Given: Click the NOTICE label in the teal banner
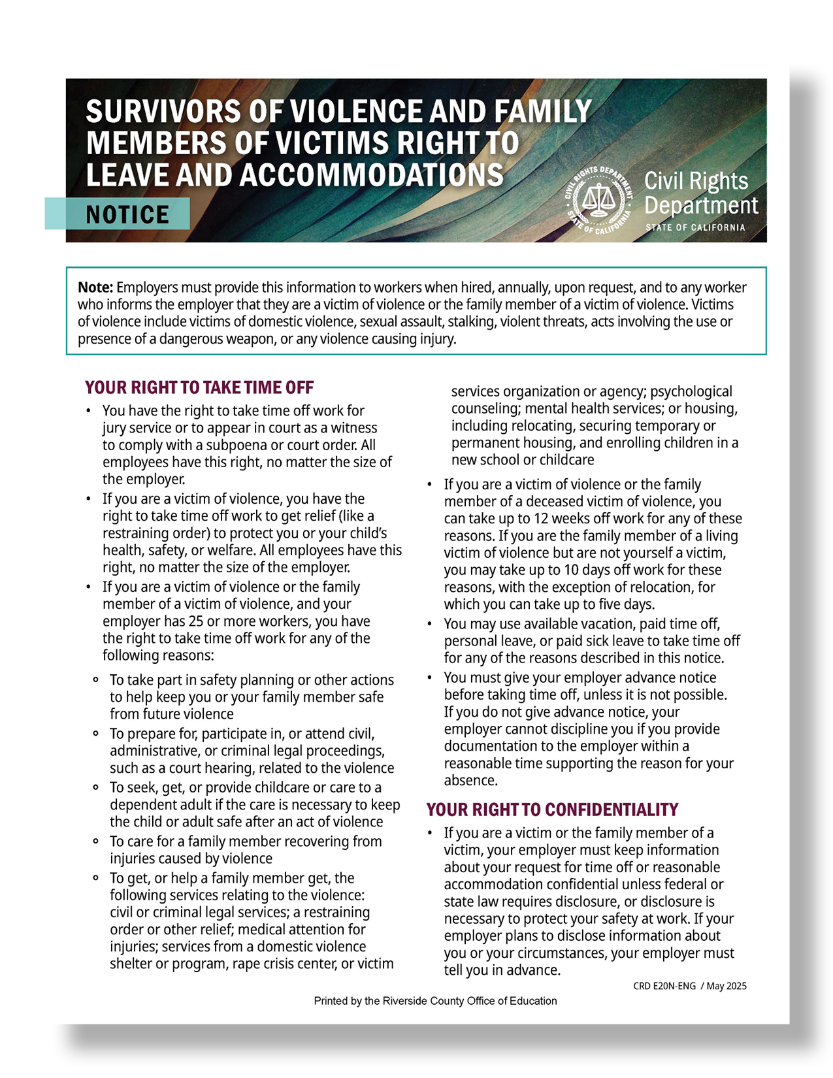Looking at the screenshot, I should (x=127, y=214).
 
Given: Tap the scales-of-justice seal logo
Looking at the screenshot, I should (x=598, y=199).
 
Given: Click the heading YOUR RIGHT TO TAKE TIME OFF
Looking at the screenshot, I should (x=199, y=387).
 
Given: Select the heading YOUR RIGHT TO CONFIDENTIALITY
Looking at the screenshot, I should (x=552, y=809).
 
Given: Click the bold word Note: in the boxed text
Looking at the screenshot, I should (x=95, y=287).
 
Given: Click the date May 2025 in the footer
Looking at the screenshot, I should (x=727, y=986).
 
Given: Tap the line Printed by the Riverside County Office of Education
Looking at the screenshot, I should (x=435, y=1001).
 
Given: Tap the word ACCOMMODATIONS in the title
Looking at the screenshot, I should (x=372, y=175).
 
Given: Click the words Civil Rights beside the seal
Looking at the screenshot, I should (x=696, y=181).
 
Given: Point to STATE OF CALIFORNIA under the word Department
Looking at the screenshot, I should (x=695, y=227).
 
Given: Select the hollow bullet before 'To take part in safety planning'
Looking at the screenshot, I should (x=96, y=680).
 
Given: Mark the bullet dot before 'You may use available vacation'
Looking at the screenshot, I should (x=429, y=624).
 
